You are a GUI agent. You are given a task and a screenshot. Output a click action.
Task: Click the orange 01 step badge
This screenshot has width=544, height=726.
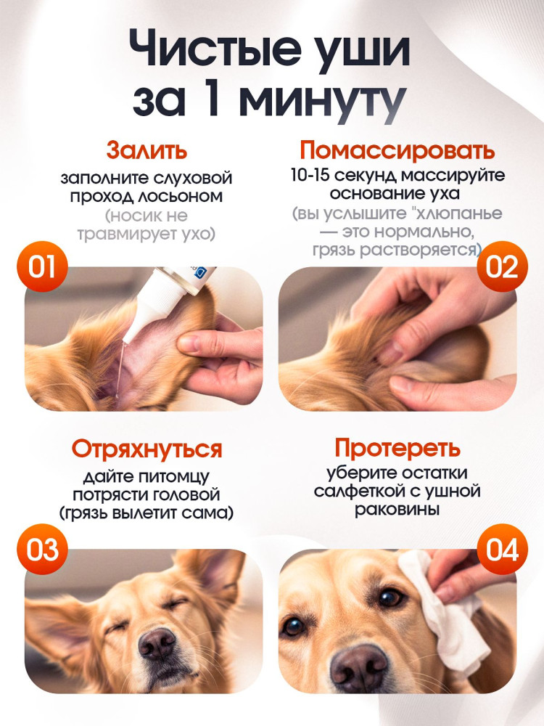(42, 266)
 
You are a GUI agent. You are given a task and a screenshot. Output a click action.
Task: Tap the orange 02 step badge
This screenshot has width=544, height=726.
(502, 266)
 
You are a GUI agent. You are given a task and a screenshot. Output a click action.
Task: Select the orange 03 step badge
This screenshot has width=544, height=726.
(42, 549)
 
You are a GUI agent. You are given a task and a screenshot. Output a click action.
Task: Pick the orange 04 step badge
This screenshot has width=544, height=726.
(502, 549)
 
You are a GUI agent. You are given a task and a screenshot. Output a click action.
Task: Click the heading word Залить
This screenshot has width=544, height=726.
(147, 150)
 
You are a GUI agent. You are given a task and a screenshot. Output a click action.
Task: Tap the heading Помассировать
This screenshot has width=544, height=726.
(397, 150)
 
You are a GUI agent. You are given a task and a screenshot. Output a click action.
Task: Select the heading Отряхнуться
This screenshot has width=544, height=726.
(147, 449)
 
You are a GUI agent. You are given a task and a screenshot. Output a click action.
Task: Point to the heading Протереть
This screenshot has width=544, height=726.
(397, 448)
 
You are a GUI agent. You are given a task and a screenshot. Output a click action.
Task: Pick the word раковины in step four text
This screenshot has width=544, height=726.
(397, 510)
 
